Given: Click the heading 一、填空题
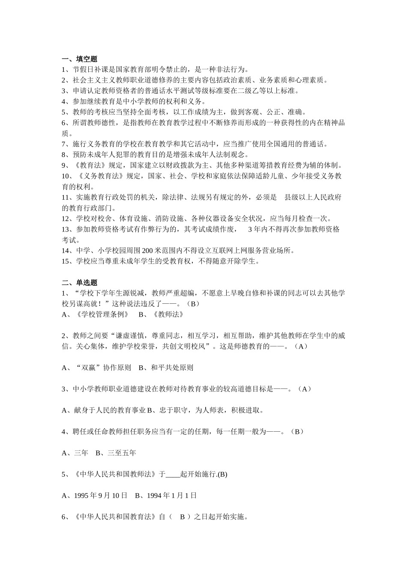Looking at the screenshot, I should coord(80,59).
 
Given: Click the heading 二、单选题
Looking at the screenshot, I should coord(80,282).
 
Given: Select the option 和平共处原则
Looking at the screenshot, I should coord(172,368).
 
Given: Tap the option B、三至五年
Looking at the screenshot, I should coord(116,453).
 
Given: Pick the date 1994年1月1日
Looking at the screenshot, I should coord(166,495).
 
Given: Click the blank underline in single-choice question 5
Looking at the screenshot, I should coord(173,474).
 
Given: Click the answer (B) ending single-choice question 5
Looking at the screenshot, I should coord(222,474).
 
